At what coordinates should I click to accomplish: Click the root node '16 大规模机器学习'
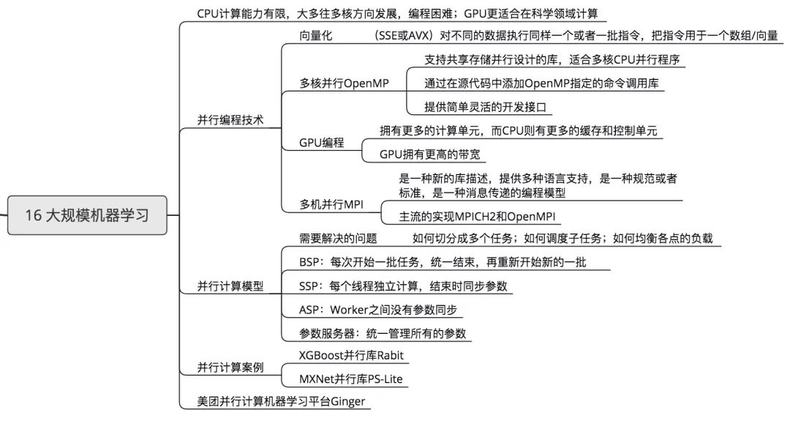87,215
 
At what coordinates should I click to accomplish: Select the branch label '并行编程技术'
230,120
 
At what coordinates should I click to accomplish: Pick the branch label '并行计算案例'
230,367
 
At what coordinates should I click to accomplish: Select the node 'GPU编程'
321,143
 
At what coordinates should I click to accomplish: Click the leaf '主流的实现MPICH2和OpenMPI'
477,217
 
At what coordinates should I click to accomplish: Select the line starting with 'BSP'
443,261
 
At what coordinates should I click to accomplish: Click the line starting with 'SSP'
403,286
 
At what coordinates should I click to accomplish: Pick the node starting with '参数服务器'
383,332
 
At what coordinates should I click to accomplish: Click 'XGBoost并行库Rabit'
351,355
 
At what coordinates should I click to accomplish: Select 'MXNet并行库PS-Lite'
350,379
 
